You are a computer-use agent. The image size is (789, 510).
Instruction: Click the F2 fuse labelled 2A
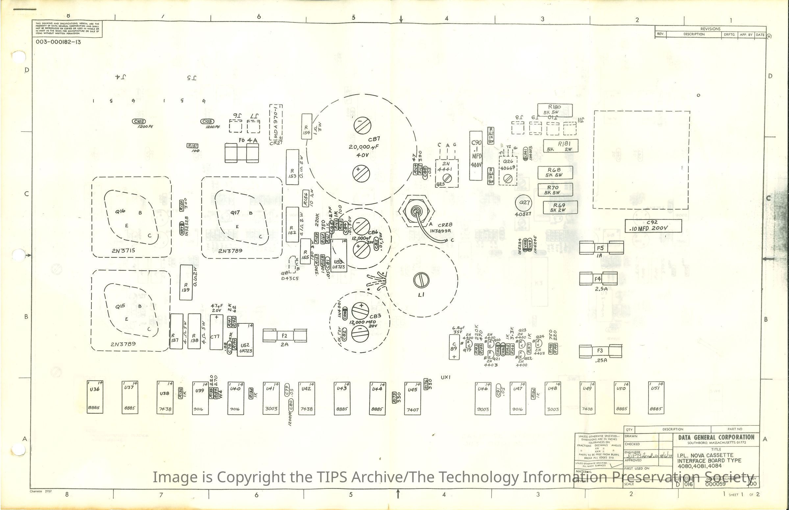click(x=284, y=336)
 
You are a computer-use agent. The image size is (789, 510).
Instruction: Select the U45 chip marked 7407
click(x=412, y=398)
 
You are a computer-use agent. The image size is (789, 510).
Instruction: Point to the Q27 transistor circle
click(x=524, y=203)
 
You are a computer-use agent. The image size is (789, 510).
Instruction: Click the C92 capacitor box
click(x=653, y=226)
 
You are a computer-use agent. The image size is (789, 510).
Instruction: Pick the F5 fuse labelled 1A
click(x=601, y=248)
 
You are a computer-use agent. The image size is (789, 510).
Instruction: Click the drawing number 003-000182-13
click(x=58, y=42)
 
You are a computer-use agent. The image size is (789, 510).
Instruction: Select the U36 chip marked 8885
click(x=95, y=397)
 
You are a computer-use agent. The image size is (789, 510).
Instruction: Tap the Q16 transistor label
click(x=120, y=211)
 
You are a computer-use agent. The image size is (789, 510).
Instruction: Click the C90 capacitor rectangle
click(x=476, y=156)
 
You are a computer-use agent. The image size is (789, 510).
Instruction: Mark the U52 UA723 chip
click(x=245, y=339)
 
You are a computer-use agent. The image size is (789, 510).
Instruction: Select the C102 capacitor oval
click(x=138, y=122)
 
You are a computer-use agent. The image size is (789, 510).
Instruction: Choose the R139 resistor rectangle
click(x=185, y=283)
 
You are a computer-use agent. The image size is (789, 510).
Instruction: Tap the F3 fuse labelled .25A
click(x=600, y=351)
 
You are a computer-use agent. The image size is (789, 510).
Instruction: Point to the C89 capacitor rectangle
click(x=454, y=347)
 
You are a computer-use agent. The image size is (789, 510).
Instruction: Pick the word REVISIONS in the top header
click(x=710, y=29)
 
